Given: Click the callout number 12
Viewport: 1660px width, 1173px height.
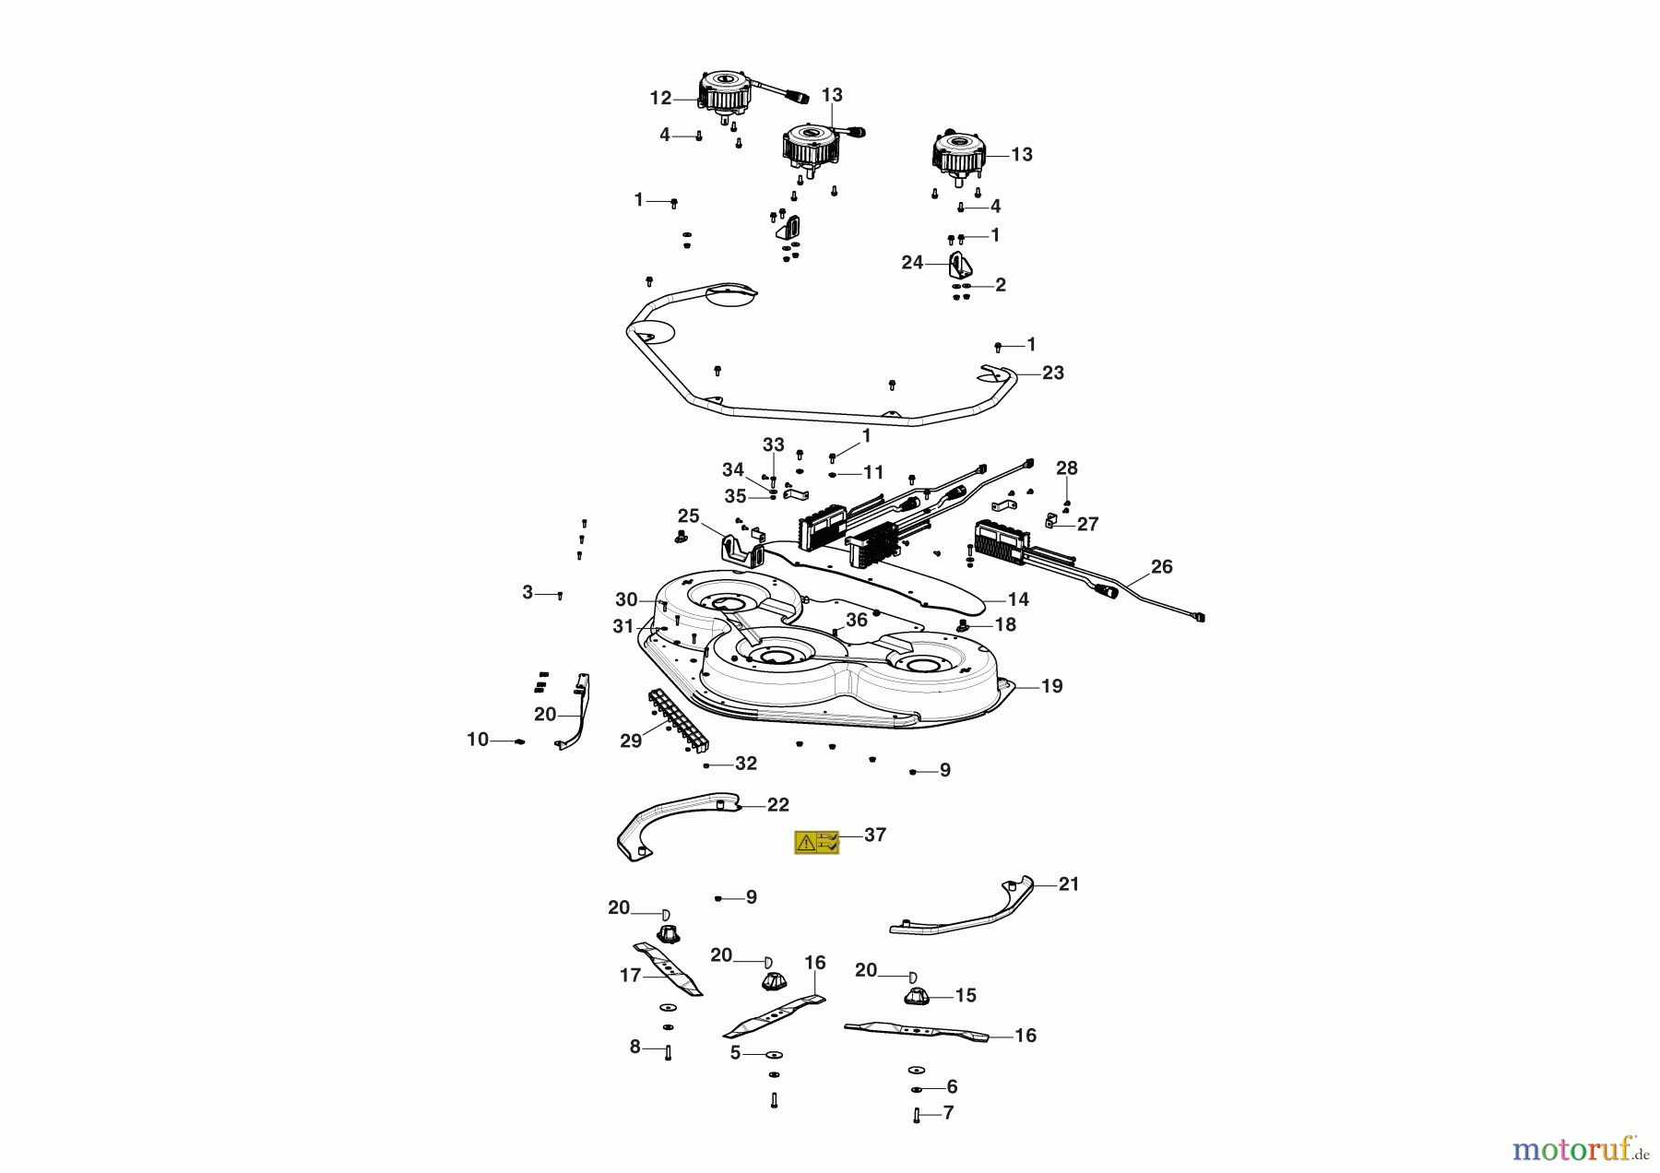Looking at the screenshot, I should [660, 99].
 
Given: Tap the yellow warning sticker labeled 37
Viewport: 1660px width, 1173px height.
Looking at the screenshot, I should [816, 842].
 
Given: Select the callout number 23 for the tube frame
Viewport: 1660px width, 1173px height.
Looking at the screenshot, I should [1052, 373].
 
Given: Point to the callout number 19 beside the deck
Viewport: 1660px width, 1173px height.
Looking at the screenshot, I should [1051, 686].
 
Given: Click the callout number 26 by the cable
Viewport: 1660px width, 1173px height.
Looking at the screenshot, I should [1161, 567].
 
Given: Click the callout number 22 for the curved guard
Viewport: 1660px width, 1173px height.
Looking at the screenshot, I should [777, 805].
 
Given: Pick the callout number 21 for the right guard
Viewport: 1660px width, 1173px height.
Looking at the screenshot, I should [1068, 884].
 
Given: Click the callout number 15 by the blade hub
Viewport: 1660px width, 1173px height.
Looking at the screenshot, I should [965, 996].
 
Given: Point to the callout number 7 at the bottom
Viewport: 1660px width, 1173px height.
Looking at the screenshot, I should [948, 1113].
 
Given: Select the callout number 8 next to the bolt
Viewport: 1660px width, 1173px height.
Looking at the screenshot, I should [634, 1047].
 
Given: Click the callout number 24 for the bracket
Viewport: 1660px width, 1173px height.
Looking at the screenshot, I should [912, 263].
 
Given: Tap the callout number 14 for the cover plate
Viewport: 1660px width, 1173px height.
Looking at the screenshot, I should [1017, 599].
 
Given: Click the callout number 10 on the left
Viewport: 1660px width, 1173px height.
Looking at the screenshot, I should [477, 740].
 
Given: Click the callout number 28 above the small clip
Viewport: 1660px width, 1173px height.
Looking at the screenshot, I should [1066, 468].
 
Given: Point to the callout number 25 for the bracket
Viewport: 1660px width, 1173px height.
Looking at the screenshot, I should [688, 516].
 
